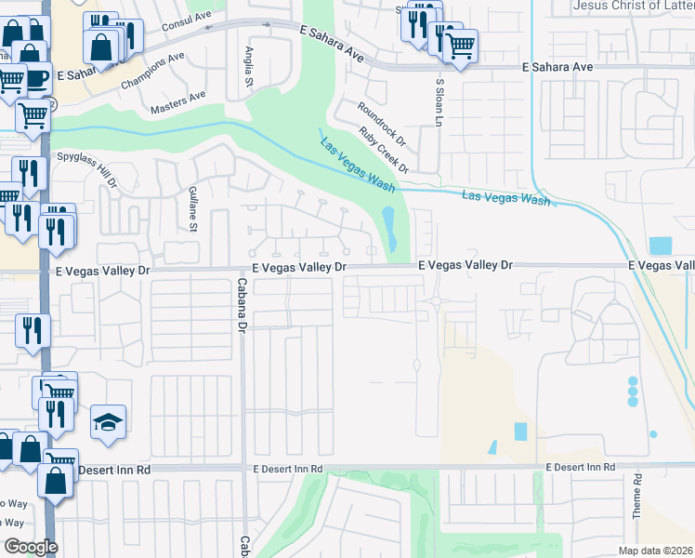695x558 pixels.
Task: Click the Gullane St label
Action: (x=193, y=207)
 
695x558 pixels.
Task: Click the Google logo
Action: (x=30, y=547)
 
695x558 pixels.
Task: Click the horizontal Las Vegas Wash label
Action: (x=505, y=197)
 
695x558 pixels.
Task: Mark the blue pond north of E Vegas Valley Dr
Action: (x=390, y=229)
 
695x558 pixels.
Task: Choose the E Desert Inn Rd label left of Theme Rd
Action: (x=580, y=466)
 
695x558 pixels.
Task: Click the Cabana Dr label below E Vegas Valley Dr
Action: (x=241, y=307)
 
